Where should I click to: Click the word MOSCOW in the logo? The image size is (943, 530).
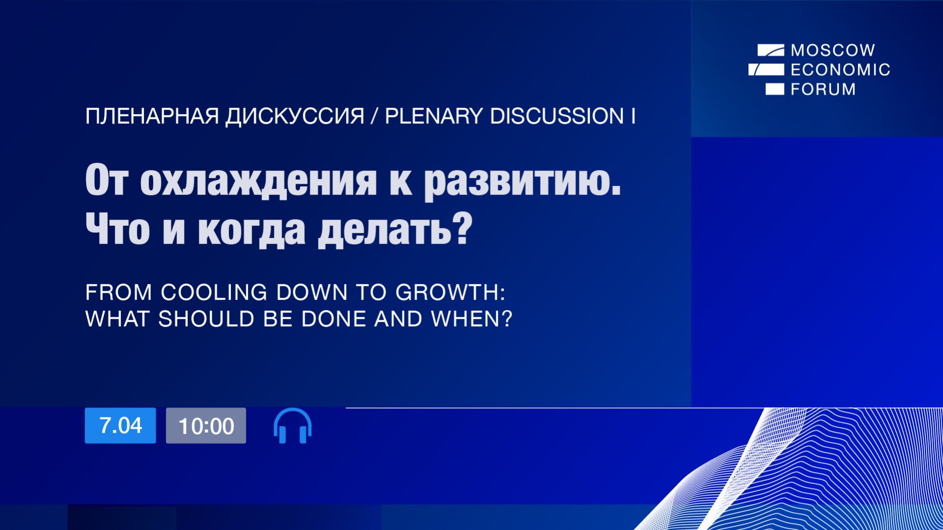click(x=833, y=50)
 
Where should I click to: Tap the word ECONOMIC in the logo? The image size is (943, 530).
click(x=840, y=70)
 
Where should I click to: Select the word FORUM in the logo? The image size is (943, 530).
click(x=823, y=89)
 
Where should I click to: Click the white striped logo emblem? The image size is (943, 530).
click(x=767, y=69)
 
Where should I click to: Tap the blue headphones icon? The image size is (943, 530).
click(x=292, y=426)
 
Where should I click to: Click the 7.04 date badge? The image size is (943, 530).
click(x=120, y=425)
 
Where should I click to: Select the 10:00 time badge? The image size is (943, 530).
click(x=206, y=426)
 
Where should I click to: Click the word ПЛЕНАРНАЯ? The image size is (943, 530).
click(x=152, y=116)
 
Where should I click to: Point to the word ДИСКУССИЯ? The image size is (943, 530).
click(x=295, y=116)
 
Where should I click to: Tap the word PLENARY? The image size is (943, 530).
click(x=433, y=116)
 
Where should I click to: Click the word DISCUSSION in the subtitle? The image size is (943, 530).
click(x=557, y=116)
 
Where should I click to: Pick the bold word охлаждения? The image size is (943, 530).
click(x=258, y=181)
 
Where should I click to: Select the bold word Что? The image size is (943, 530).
click(x=117, y=229)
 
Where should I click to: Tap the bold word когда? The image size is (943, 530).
click(x=251, y=229)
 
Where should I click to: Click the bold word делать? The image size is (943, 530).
click(x=384, y=229)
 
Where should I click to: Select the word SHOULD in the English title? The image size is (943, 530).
click(x=206, y=319)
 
